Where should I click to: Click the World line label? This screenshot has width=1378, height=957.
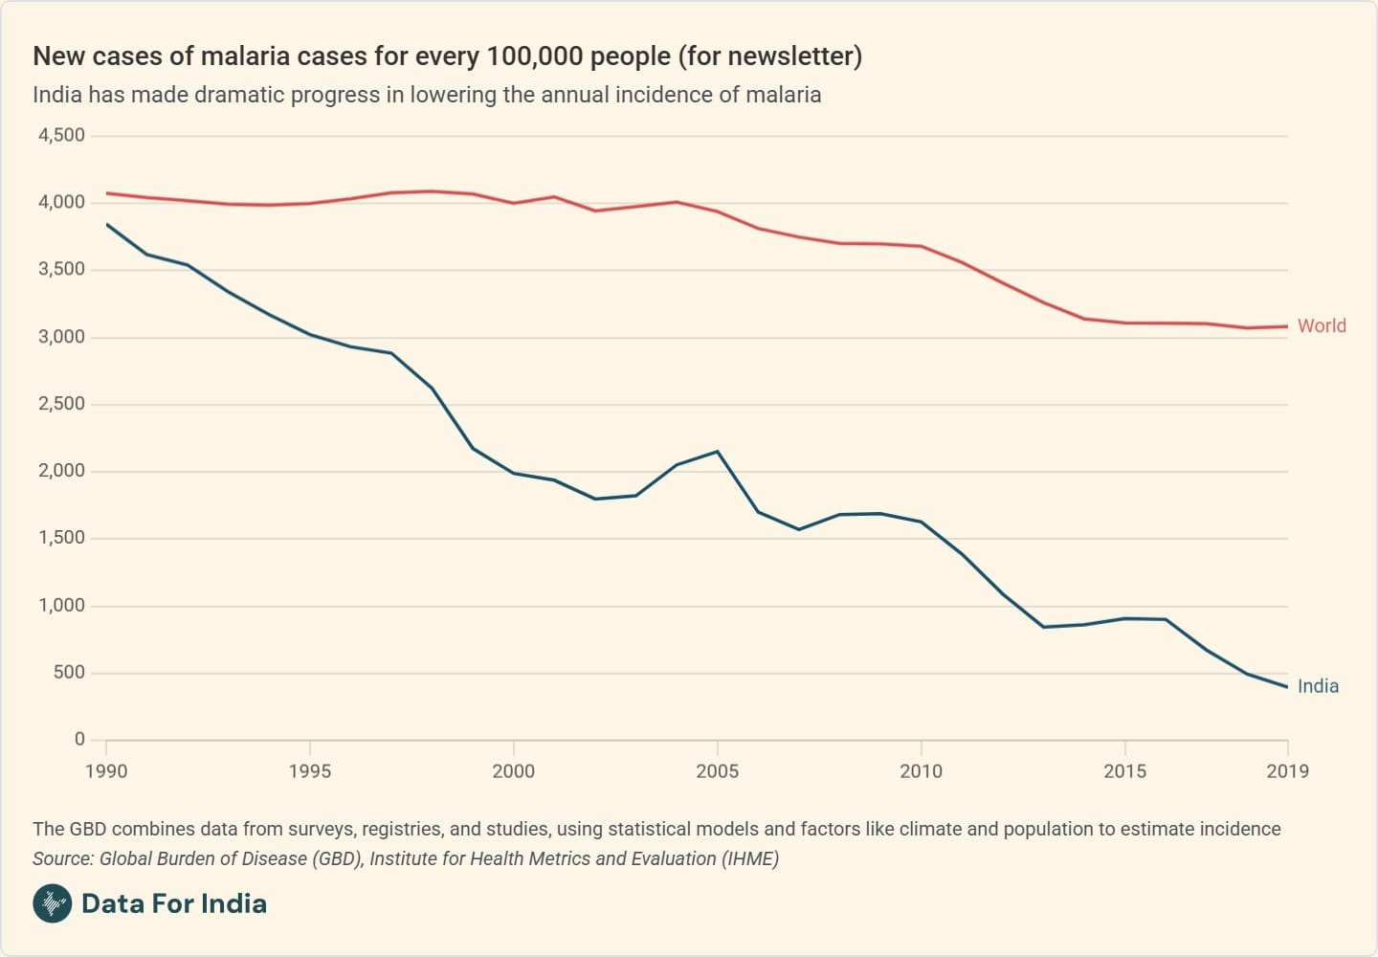point(1321,326)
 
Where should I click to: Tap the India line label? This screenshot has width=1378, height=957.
point(1318,686)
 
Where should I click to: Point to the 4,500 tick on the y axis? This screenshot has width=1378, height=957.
point(61,136)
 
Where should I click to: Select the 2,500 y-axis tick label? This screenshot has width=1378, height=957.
point(61,404)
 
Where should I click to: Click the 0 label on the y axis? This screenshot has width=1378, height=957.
point(79,739)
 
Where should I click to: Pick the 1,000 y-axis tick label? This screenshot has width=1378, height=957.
point(61,605)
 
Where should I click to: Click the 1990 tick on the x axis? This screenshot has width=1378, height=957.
point(106,771)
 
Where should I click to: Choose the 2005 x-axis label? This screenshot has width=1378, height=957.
point(717,771)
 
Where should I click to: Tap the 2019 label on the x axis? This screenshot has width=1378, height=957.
point(1287,771)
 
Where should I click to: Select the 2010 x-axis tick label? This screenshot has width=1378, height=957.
point(921,771)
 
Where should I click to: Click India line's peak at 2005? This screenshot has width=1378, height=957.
point(718,452)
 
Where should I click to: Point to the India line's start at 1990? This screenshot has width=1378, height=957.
point(106,224)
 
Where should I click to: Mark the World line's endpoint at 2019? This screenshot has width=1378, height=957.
point(1287,326)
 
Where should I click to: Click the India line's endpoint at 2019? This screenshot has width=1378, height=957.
point(1287,687)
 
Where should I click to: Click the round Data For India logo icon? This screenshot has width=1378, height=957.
point(53,903)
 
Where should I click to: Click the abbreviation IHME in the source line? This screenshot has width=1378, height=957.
point(749,858)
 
